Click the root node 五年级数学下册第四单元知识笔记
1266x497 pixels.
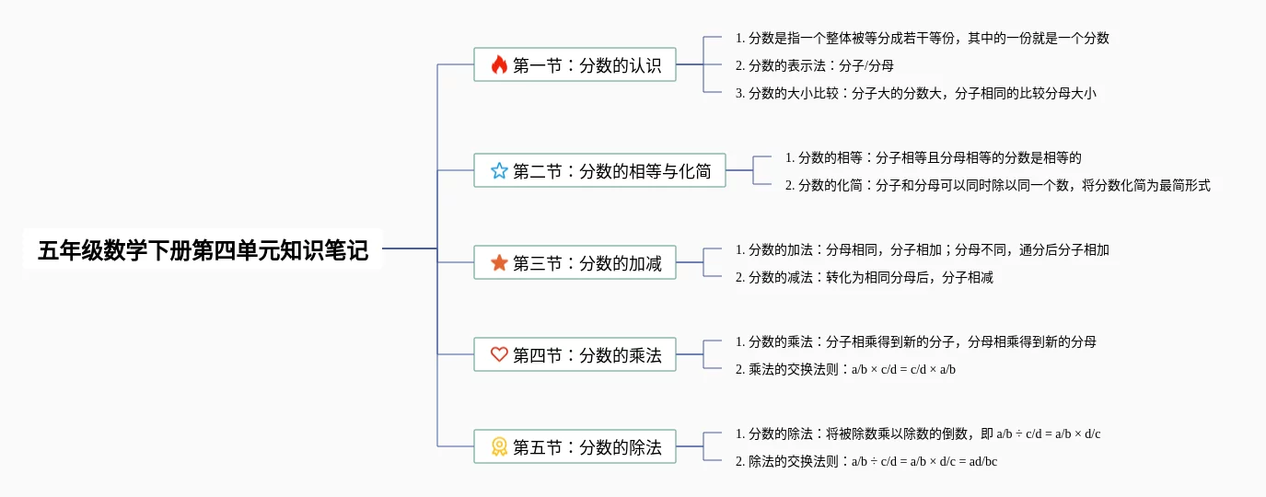[x=203, y=249]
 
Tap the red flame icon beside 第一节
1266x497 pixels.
[x=499, y=65]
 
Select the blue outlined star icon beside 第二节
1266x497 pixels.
[x=499, y=170]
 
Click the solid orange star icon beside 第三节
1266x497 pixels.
[x=499, y=263]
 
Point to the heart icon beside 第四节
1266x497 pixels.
[x=499, y=354]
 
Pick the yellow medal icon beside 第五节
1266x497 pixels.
[x=499, y=447]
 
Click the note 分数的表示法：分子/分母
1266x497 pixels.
[x=815, y=65]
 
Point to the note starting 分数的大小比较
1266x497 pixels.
[x=916, y=93]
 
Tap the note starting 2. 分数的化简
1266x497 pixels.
[x=997, y=185]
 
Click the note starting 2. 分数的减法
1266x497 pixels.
[x=864, y=277]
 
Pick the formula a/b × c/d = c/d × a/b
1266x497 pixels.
[x=903, y=370]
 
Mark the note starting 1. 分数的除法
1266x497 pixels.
[x=918, y=433]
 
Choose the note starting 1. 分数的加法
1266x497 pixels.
[x=922, y=249]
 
